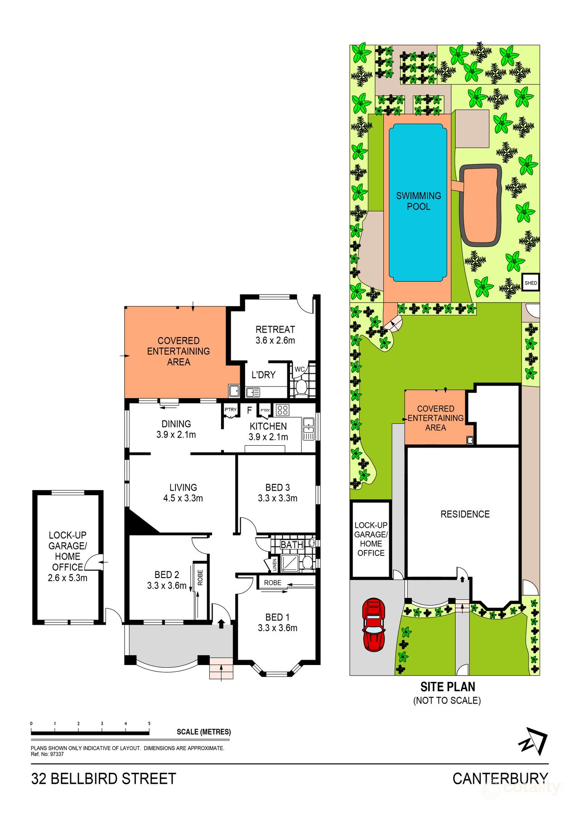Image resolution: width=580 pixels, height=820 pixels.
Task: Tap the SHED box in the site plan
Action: pos(531,283)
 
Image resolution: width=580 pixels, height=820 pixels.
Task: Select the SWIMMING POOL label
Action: pos(418,201)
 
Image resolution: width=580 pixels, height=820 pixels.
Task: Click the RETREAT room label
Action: pos(275,330)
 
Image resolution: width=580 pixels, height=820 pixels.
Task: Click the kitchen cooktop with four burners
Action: pos(282,410)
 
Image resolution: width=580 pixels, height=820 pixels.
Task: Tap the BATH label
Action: pos(291,545)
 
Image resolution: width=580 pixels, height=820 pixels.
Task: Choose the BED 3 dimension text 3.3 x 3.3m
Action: pos(277,498)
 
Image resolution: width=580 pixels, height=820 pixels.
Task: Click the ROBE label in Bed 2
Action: pos(200,577)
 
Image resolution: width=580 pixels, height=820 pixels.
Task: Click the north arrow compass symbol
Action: pos(533,741)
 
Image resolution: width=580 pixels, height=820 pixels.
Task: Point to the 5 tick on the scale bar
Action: pos(149,724)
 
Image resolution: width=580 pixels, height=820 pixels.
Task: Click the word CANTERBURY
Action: pos(500,778)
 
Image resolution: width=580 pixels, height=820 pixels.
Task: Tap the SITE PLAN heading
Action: pos(448,687)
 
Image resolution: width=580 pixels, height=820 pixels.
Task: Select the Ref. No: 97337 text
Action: pos(47,754)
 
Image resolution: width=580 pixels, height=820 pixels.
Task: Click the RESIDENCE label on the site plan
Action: pos(465,514)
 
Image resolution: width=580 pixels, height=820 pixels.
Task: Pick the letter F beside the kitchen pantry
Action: pos(249,410)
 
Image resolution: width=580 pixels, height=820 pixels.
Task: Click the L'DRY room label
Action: pos(263,375)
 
